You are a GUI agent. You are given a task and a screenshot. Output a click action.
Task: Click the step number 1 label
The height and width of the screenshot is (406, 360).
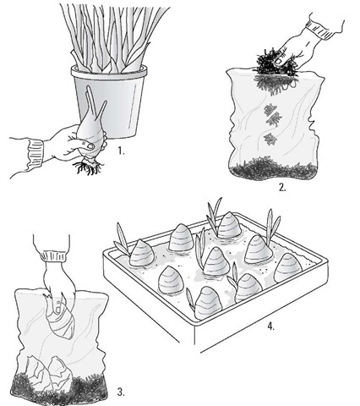click(x=121, y=151)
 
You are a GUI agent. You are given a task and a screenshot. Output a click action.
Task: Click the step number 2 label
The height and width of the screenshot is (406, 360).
click(x=282, y=188)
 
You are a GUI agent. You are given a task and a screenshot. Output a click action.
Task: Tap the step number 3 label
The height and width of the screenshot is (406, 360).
click(x=121, y=392)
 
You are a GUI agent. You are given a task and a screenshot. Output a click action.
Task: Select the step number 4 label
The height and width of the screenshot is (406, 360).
click(x=270, y=326)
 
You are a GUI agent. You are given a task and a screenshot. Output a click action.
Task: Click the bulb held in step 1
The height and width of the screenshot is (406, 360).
click(x=90, y=133)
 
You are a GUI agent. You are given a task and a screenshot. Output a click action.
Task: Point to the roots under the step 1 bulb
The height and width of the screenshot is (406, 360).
click(x=88, y=167)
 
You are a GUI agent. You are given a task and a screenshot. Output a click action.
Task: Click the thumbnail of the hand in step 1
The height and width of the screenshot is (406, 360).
click(x=90, y=145)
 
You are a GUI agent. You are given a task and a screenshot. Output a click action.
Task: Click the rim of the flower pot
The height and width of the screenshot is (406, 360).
click(x=109, y=72)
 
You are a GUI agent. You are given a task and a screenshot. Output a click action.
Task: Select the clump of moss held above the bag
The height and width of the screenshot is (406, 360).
click(x=275, y=63)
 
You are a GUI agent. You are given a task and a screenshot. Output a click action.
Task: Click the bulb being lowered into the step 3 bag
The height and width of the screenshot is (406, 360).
click(x=62, y=320)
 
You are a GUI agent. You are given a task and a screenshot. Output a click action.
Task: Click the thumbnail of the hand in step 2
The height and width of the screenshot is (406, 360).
click(x=279, y=61)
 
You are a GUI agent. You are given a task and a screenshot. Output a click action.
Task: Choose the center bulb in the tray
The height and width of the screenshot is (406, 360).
click(x=215, y=261)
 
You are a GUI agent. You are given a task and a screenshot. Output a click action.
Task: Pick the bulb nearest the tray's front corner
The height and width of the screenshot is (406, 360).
click(x=209, y=304)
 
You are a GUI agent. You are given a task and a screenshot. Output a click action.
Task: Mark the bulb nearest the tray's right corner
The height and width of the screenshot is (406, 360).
click(x=288, y=268)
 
